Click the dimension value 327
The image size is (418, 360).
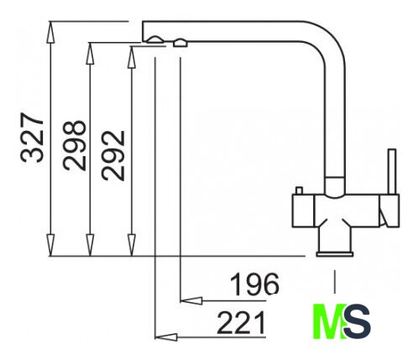[x=32, y=138]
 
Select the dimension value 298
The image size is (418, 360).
[x=74, y=145]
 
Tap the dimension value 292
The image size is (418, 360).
[x=113, y=155]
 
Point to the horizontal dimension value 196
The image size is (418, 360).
[x=254, y=284]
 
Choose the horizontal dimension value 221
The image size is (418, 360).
[x=241, y=323]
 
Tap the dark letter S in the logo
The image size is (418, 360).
[x=358, y=321]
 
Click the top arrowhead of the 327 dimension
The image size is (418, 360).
[x=50, y=32]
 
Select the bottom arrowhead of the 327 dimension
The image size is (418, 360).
[x=50, y=245]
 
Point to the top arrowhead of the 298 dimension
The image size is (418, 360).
[x=90, y=54]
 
